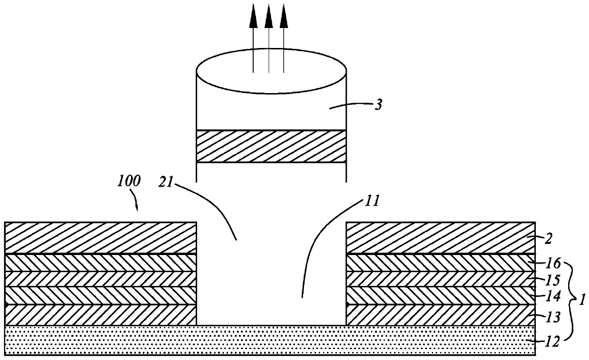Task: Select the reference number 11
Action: [372, 201]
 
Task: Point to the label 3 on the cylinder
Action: [378, 105]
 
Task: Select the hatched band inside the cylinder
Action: [271, 147]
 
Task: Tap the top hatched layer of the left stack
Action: [100, 238]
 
